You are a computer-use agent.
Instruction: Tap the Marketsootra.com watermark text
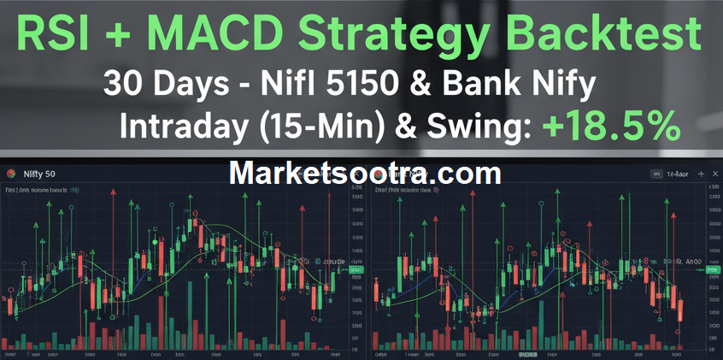pyautogui.click(x=366, y=173)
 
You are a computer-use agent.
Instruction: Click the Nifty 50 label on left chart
pyautogui.click(x=38, y=174)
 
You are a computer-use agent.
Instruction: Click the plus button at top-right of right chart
pyautogui.click(x=714, y=174)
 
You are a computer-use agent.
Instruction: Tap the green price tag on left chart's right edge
pyautogui.click(x=358, y=270)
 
